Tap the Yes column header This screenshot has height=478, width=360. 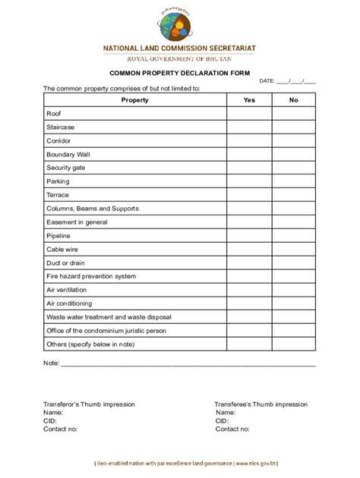tap(249, 100)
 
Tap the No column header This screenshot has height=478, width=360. tap(293, 100)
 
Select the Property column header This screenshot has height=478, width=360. tap(134, 100)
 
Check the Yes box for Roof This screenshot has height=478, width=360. tap(249, 114)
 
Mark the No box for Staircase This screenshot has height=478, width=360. tap(293, 127)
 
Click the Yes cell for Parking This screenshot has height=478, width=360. tap(249, 181)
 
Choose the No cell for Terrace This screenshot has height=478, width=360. tap(293, 195)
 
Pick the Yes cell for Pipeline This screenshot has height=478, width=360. tap(249, 236)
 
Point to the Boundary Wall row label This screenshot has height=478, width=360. tap(68, 154)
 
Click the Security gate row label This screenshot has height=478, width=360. tap(65, 168)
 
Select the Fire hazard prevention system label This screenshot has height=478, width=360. tap(91, 276)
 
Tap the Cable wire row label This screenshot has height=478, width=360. tap(62, 249)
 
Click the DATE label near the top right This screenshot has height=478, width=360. tap(267, 80)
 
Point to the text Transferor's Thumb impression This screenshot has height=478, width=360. tap(89, 404)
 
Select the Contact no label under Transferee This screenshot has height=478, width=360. tap(232, 429)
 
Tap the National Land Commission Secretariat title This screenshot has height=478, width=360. tap(179, 48)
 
